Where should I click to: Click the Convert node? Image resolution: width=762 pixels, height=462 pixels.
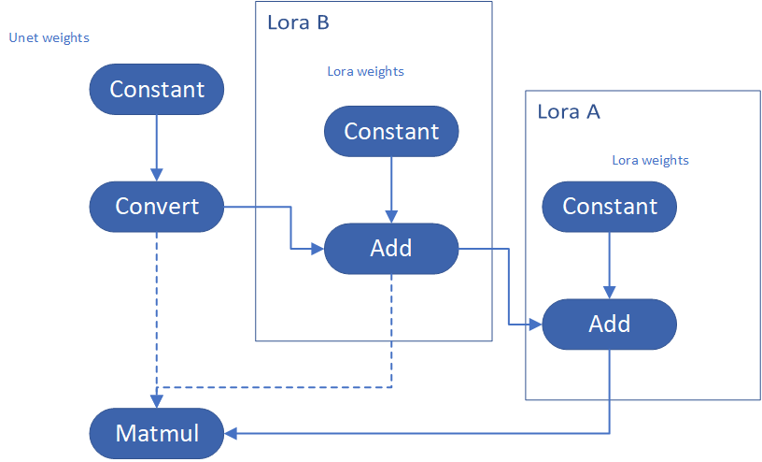click(157, 207)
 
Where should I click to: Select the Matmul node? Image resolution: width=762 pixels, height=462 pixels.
click(157, 433)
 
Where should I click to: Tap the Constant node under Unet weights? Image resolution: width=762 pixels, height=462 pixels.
click(157, 89)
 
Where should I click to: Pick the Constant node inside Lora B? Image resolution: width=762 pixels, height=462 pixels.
click(391, 132)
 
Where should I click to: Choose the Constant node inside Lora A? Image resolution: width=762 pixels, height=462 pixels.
click(610, 207)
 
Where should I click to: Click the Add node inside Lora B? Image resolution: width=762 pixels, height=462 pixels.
click(391, 248)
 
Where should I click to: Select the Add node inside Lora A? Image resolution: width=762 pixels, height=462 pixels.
click(610, 325)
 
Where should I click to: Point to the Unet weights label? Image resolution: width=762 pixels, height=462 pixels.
click(49, 38)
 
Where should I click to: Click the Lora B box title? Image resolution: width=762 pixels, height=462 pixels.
click(298, 22)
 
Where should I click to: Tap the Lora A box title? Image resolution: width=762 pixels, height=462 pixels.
click(569, 112)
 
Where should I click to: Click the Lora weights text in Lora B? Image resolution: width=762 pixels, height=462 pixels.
click(365, 72)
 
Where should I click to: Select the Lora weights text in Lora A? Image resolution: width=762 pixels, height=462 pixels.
click(650, 160)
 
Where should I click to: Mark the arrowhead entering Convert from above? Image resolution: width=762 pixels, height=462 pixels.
click(157, 175)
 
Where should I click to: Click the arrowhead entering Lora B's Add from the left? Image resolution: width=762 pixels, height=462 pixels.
click(317, 249)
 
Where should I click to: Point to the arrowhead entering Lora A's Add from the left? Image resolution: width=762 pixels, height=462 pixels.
click(535, 325)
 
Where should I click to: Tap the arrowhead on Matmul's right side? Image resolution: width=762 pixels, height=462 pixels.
click(231, 433)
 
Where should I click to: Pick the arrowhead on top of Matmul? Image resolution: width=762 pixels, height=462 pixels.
click(157, 401)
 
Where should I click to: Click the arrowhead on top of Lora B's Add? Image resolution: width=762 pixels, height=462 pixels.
click(391, 217)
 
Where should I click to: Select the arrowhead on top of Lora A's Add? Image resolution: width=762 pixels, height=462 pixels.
click(610, 292)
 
